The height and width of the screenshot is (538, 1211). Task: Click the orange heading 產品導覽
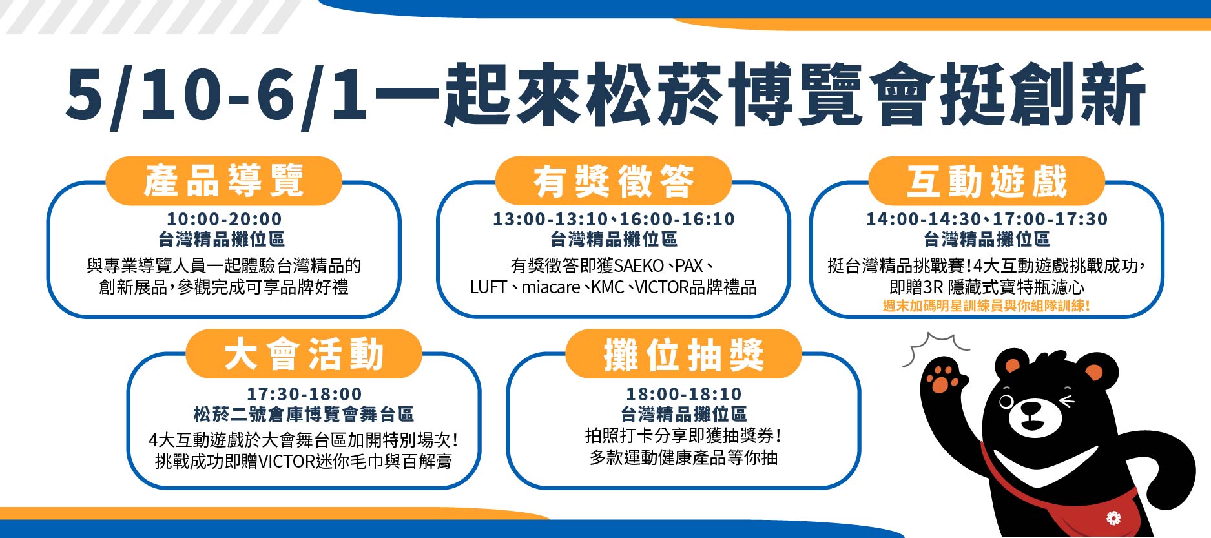click(223, 180)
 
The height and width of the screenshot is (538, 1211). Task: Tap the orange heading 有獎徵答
click(614, 180)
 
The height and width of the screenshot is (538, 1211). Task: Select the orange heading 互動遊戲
click(987, 180)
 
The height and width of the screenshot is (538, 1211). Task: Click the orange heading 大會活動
click(304, 354)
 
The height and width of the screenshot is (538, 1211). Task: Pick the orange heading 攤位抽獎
click(684, 354)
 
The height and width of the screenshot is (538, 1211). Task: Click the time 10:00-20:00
click(224, 219)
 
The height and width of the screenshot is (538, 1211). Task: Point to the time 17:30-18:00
click(304, 394)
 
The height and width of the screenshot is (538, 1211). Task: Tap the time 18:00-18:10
click(684, 394)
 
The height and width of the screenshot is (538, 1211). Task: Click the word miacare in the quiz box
click(550, 287)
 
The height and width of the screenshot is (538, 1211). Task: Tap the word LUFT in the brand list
click(488, 287)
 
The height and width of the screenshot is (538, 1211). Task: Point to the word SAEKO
click(639, 265)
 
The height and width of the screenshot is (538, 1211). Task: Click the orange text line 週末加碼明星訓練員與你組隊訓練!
click(987, 305)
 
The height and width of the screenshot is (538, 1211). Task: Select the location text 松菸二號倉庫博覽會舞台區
click(304, 414)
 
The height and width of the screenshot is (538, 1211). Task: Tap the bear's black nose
click(1031, 409)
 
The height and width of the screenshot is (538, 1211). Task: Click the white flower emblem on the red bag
click(1113, 517)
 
